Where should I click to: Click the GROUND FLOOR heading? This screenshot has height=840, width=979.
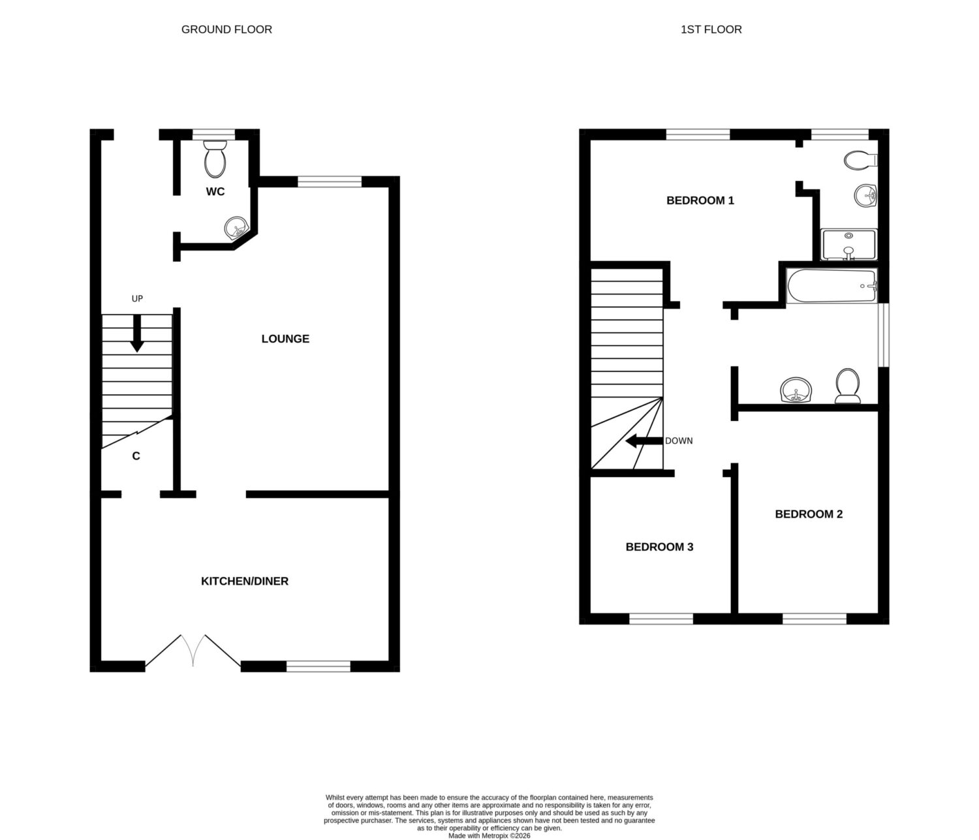coord(226,29)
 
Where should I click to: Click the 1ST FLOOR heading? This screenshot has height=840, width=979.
coord(711,29)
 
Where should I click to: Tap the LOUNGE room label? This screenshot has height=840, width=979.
coord(285,339)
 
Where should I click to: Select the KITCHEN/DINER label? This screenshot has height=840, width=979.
coord(244,582)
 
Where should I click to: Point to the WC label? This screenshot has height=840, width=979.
coord(215,191)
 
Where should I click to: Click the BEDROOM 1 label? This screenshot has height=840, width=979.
coord(700,200)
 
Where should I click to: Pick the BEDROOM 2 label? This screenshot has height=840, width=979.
coord(809,514)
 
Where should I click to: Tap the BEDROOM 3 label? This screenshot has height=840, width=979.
coord(659,547)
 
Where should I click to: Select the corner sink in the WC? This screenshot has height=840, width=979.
coord(236,227)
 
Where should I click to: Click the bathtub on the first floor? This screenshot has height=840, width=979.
coord(831,286)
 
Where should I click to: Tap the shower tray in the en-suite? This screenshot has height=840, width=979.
coord(848,245)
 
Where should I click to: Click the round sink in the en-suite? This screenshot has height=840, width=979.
coord(866,195)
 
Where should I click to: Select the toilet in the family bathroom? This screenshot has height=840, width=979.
coord(848,386)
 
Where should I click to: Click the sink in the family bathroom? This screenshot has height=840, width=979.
coord(796,390)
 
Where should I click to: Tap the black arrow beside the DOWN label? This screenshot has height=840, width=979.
coord(644,441)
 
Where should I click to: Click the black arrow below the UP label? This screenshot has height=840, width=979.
coord(137,334)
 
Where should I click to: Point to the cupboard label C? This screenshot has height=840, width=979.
coord(136,456)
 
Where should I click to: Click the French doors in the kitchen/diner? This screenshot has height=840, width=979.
coord(193,651)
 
